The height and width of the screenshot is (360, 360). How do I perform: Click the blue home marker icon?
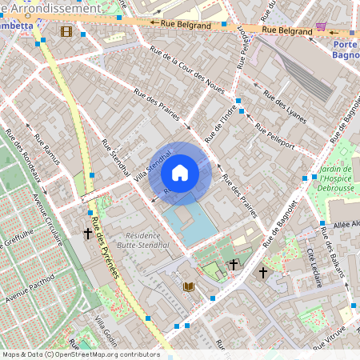coord(180,173)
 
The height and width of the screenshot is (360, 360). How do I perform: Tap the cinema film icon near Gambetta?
coord(66,31)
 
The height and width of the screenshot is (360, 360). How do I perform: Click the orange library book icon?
coord(189,286)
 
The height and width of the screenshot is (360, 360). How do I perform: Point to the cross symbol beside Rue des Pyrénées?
coord(88,234)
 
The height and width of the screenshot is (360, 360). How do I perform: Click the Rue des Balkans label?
coord(331,249)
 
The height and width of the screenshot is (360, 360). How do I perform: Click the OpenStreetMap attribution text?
coord(80,354)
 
